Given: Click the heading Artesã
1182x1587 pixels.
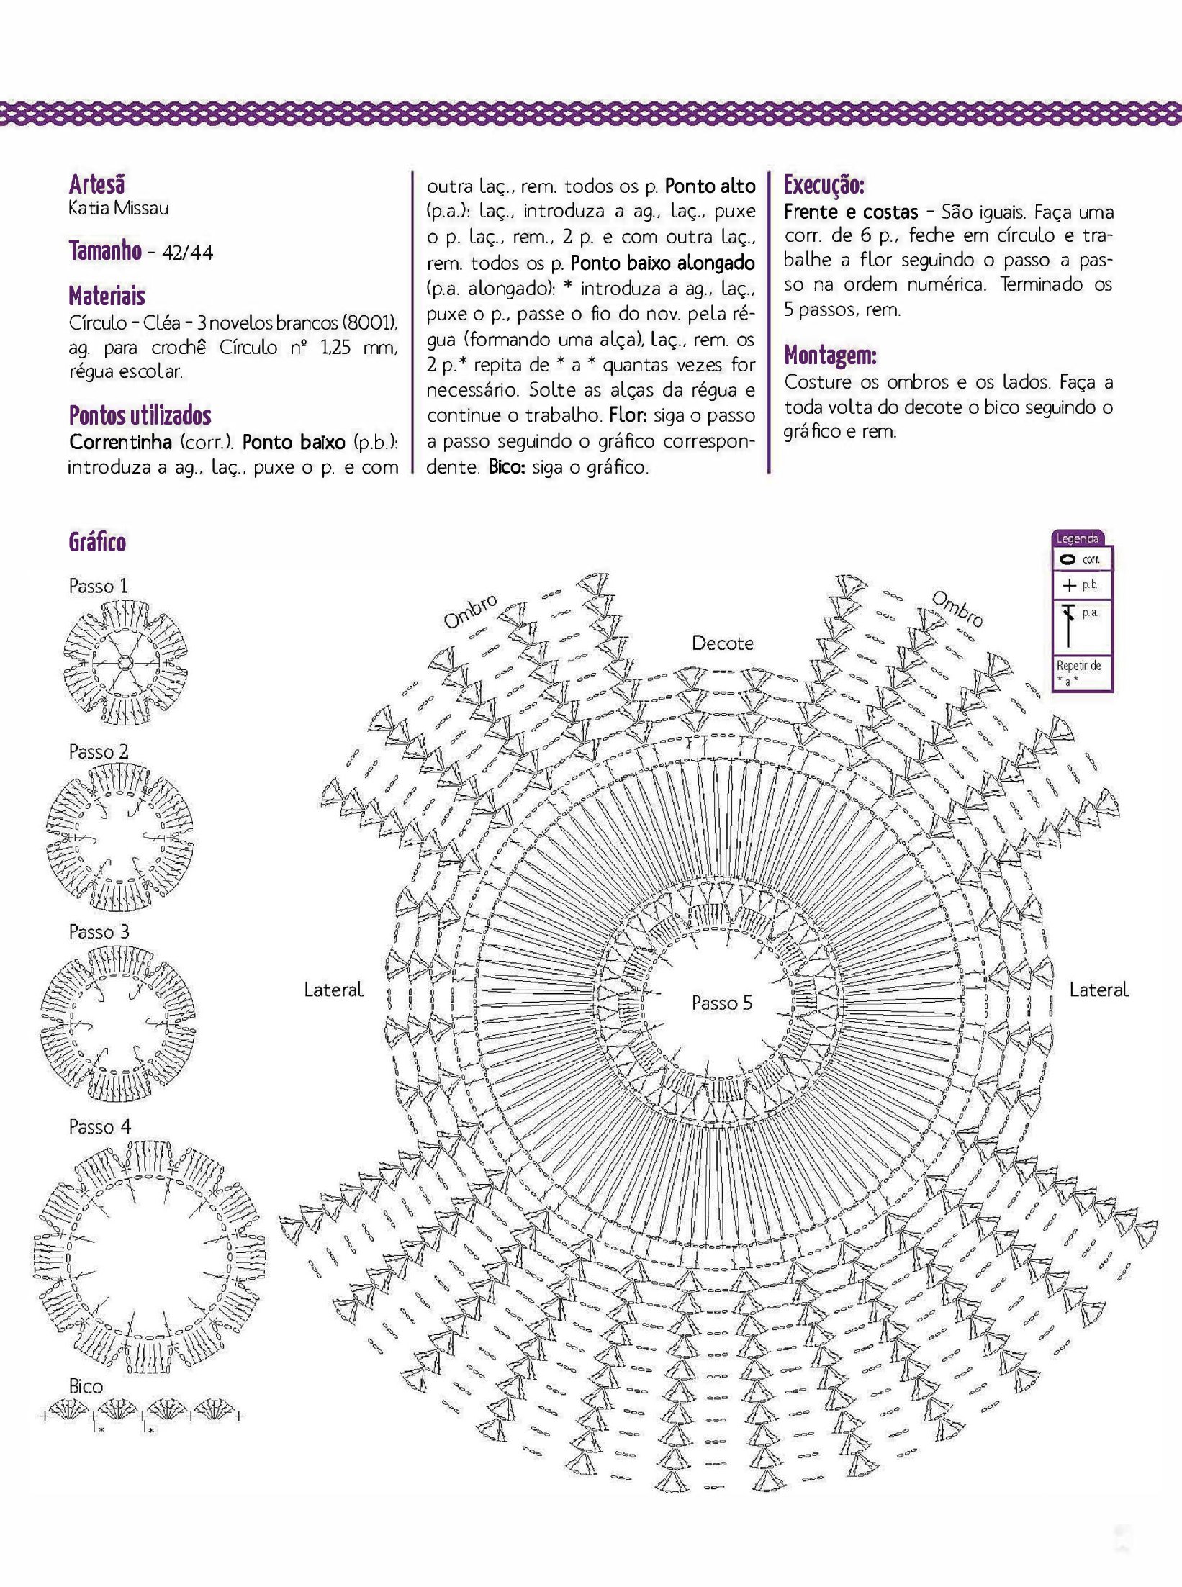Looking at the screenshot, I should click(x=96, y=185).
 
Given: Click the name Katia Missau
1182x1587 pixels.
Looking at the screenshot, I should click(x=119, y=209).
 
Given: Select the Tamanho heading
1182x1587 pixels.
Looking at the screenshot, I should click(x=104, y=251).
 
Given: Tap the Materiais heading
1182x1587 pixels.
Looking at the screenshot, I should click(x=107, y=296).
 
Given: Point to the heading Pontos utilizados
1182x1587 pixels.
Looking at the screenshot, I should click(x=140, y=415).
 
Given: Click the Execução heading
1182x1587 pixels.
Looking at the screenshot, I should click(x=824, y=185).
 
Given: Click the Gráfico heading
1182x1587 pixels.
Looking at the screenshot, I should click(x=97, y=542).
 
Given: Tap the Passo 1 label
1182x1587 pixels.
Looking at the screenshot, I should click(x=98, y=586).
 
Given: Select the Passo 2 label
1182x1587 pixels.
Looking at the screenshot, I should click(x=98, y=751).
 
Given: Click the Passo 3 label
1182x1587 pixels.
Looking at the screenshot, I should click(x=99, y=931).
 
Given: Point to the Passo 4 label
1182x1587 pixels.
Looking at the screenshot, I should click(x=99, y=1126).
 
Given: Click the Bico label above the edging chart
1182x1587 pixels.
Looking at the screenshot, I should click(x=86, y=1385).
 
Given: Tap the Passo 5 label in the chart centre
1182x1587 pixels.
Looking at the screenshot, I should click(x=721, y=1003).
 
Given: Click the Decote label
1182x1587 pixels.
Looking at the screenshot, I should click(x=723, y=643).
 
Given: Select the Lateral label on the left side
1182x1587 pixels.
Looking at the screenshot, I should click(x=333, y=990).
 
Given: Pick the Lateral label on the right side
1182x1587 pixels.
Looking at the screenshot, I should click(x=1098, y=990).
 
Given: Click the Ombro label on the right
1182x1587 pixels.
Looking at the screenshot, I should click(x=957, y=609).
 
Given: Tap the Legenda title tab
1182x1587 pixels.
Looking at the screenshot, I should click(x=1077, y=538).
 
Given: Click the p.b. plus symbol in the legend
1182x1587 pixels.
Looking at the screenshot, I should click(x=1068, y=586).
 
